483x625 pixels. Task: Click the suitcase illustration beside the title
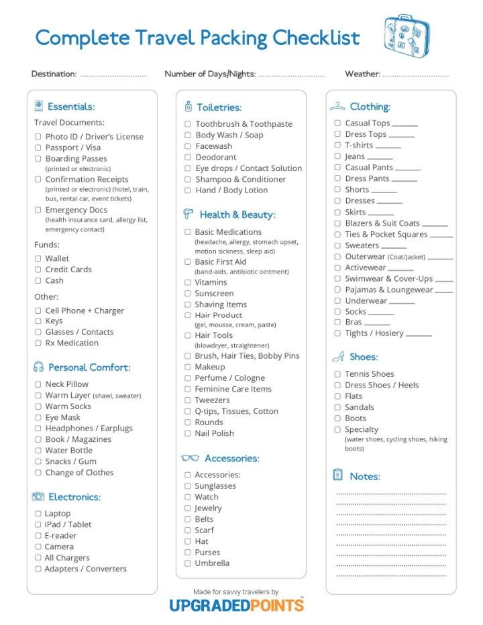pos(407,34)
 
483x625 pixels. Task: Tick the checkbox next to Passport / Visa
pos(38,148)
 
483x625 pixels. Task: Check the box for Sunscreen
pos(188,294)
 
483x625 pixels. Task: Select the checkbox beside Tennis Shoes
pos(337,374)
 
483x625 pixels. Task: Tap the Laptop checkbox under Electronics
pos(38,514)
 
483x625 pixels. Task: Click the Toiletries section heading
pos(219,107)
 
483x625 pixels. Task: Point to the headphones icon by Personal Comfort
pos(38,367)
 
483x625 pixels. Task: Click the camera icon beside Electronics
pos(38,497)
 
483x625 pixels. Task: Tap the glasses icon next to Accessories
pos(190,459)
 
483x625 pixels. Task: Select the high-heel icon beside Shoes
pos(337,357)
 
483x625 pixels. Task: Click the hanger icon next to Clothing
pos(337,107)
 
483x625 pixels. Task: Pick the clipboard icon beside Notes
pos(337,475)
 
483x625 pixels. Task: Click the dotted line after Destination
pos(113,74)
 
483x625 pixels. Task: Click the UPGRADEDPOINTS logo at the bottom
pos(235,605)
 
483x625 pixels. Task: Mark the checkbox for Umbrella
pos(188,563)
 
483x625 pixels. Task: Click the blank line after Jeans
pos(380,158)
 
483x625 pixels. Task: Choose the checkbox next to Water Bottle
pos(38,451)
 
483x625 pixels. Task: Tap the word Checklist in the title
pos(314,38)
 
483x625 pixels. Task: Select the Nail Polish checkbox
pos(188,433)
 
